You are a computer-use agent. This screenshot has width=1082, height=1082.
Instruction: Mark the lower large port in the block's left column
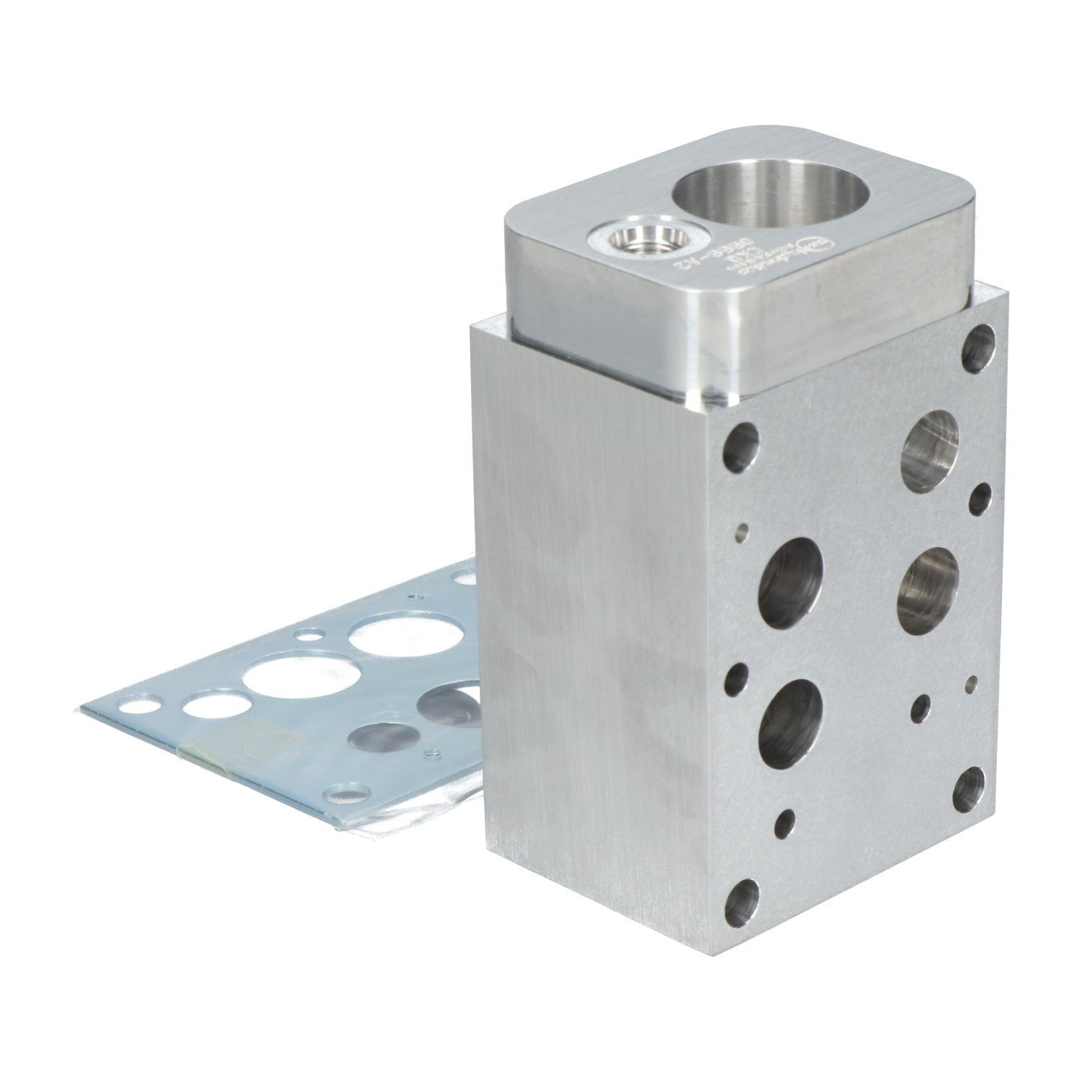[x=791, y=724]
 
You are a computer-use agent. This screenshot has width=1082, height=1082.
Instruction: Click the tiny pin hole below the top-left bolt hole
[x=740, y=532]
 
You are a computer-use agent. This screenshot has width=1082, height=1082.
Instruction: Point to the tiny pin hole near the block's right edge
[x=974, y=682]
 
